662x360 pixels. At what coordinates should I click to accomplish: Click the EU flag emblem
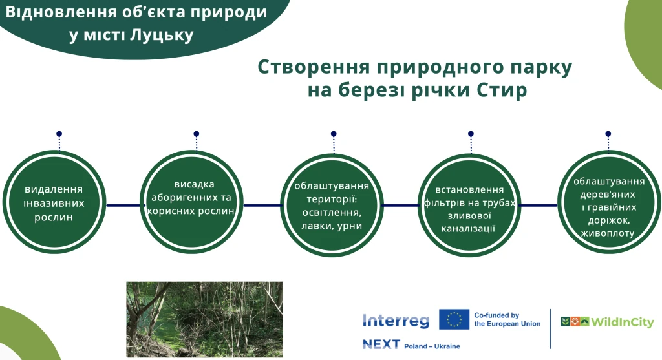[x=454, y=319]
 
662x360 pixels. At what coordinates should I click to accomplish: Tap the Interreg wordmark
[x=396, y=321]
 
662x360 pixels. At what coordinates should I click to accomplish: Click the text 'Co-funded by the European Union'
[x=507, y=319]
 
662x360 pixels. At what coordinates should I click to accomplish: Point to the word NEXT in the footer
[x=381, y=345]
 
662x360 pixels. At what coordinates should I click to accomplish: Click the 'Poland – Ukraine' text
[x=432, y=346]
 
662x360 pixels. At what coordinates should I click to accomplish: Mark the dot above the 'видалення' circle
[x=59, y=134]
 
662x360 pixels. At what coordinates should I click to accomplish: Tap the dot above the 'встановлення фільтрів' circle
[x=471, y=134]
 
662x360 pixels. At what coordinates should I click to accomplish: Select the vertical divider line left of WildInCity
[x=550, y=328]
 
